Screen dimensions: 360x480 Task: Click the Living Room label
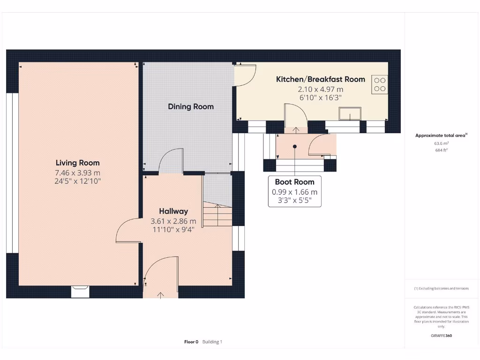77,163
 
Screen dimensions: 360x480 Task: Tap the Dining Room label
191,106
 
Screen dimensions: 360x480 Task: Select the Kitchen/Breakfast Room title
320,79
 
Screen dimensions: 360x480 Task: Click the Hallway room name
173,211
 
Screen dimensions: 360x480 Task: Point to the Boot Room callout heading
294,182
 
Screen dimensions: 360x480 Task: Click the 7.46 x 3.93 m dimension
77,172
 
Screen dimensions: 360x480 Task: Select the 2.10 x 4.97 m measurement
320,89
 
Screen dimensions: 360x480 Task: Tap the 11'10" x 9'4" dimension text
173,229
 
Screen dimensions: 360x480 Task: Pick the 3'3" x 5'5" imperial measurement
294,201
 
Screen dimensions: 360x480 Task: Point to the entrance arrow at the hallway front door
161,294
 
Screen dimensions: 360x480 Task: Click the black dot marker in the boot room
295,146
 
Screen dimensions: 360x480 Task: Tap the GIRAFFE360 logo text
442,336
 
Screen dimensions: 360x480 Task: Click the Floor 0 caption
191,342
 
